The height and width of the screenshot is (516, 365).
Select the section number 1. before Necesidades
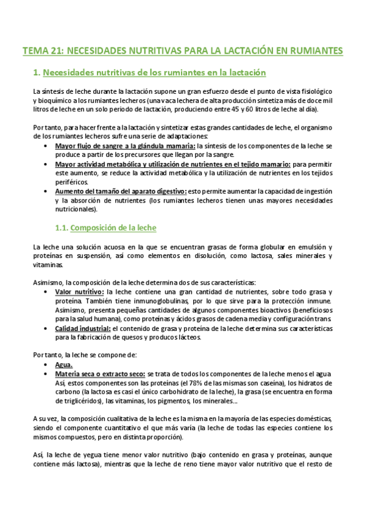pos(36,73)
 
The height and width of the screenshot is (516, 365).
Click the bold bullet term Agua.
pos(65,364)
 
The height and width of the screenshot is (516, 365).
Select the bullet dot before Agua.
pos(48,364)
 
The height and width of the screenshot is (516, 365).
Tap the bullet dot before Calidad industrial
pos(48,329)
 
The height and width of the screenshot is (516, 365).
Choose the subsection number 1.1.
pos(58,228)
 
